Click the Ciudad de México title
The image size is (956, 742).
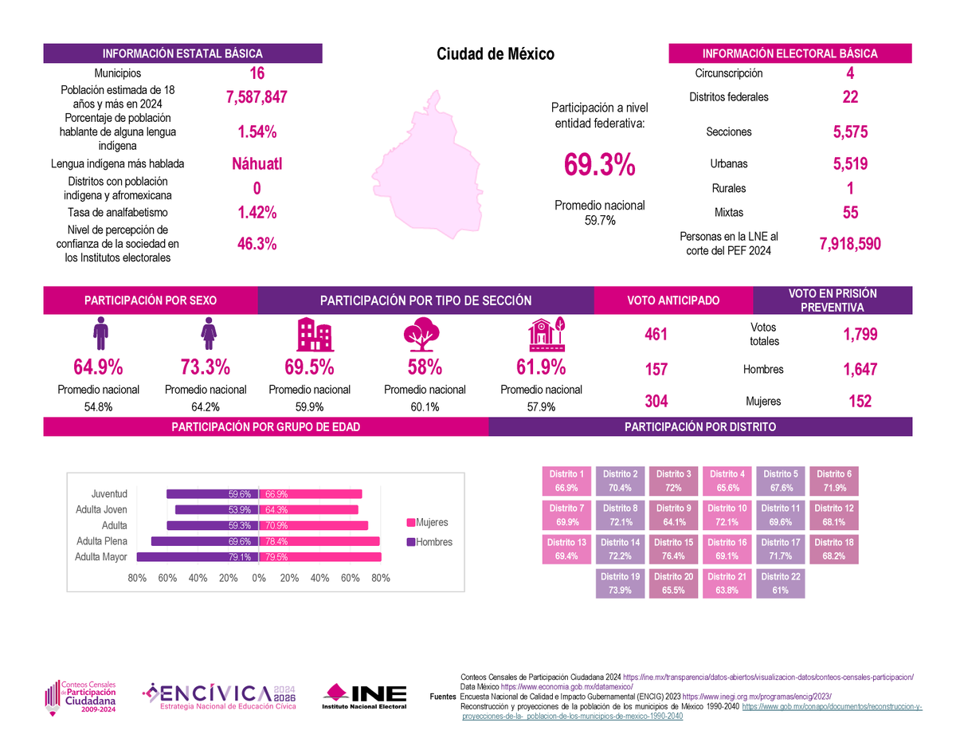(495, 54)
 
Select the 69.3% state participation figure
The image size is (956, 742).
(599, 166)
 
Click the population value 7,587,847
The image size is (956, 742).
(253, 97)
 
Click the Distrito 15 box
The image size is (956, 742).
(672, 549)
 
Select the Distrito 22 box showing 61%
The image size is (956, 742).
(779, 583)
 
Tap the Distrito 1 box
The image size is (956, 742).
(566, 481)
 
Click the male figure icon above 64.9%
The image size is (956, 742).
(100, 333)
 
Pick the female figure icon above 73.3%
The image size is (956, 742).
(208, 333)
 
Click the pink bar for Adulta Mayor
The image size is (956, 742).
(319, 557)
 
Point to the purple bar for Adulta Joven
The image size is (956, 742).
(216, 510)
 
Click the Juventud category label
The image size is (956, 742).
(109, 494)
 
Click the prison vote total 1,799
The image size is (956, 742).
(860, 335)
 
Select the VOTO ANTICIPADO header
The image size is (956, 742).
(673, 300)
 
